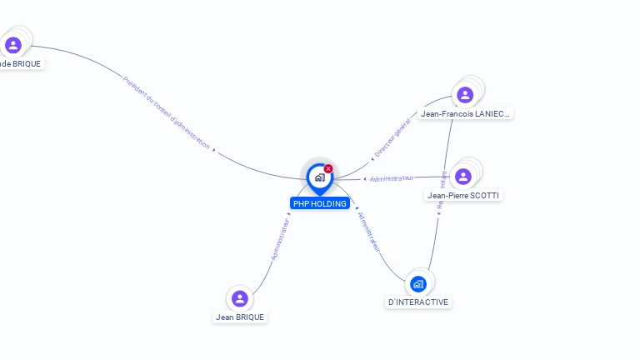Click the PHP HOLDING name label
[320, 203]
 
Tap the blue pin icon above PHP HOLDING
[319, 177]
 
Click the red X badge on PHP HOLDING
[328, 168]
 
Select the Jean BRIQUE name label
[240, 317]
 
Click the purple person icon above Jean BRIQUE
[240, 297]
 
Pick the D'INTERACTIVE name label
[418, 302]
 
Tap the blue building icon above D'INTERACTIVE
[418, 283]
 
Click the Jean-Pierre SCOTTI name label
[464, 195]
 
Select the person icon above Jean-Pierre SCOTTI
[463, 176]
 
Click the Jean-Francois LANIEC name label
[465, 113]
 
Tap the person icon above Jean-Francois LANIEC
[465, 94]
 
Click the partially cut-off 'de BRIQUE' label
[21, 63]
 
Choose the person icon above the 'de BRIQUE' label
[12, 44]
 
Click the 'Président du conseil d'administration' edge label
[166, 112]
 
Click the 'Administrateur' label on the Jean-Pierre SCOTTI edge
[391, 178]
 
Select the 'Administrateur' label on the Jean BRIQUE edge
[281, 239]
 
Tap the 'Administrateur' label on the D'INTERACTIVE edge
[368, 231]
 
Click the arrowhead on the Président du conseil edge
[214, 151]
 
